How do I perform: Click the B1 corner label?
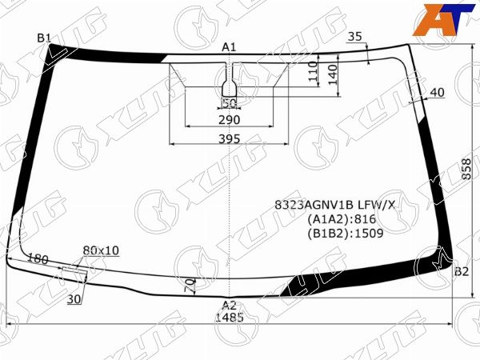[44, 38]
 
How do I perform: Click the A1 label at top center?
[229, 47]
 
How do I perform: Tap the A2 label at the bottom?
[230, 306]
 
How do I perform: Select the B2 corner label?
[462, 271]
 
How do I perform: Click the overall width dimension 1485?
[230, 317]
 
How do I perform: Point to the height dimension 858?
[466, 169]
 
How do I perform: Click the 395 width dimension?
[230, 139]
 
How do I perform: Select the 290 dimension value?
[230, 120]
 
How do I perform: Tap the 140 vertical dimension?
[333, 74]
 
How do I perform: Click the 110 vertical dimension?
[313, 71]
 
